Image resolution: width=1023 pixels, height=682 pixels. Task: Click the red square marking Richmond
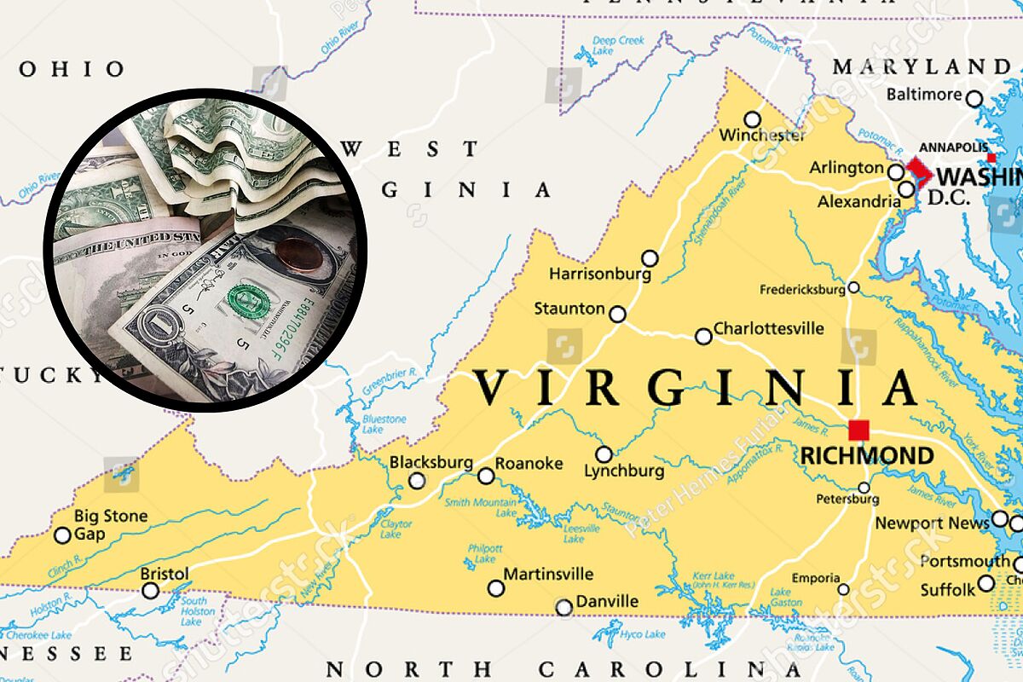point(858,430)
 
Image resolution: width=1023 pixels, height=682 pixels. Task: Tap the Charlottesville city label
point(768,328)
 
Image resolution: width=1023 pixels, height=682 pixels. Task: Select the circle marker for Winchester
point(752,119)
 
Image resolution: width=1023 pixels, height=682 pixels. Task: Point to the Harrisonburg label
point(599,275)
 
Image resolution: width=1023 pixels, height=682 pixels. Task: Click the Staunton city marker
point(617,315)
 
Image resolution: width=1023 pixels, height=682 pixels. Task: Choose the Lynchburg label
point(624,471)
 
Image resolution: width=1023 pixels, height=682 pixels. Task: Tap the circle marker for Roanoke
point(486,476)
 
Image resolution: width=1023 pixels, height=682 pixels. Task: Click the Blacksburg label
point(431,462)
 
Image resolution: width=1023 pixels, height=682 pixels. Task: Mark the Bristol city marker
point(150,590)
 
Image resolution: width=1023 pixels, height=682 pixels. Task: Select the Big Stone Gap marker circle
point(62,535)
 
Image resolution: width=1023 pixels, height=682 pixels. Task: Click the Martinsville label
point(548,574)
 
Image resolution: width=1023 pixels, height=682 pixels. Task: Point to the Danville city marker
point(564,608)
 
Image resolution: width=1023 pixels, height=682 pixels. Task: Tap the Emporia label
point(815,579)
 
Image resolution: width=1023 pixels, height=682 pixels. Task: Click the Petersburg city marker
point(864,488)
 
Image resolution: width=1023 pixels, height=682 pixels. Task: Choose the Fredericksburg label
point(801,290)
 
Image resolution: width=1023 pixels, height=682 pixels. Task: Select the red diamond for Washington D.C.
point(919,171)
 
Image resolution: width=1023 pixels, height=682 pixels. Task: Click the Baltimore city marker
point(974,99)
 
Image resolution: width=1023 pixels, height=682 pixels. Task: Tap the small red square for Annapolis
point(991,159)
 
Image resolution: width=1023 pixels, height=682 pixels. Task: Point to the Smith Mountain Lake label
point(481,507)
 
